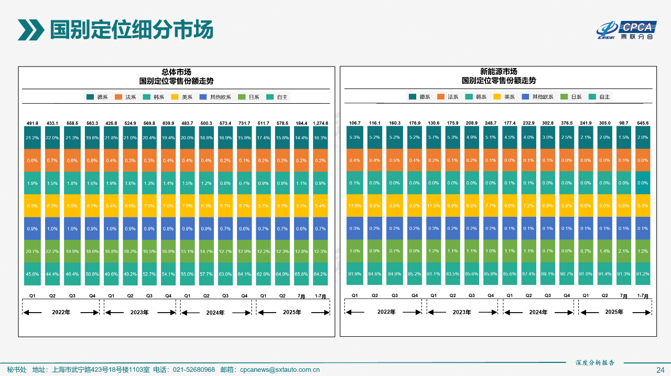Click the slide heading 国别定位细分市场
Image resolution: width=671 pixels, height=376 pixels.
[131, 30]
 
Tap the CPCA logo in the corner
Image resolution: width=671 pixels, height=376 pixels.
[626, 30]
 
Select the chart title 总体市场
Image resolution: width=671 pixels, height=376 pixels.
[176, 72]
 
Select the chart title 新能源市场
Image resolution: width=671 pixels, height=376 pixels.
[499, 72]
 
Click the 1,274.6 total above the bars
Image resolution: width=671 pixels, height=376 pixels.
[320, 124]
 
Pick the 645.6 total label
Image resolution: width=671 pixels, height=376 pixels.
[643, 124]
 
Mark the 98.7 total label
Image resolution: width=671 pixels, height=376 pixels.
[623, 124]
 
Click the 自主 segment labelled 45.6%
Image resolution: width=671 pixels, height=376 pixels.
[32, 274]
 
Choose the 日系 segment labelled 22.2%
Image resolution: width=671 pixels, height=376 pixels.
[52, 251]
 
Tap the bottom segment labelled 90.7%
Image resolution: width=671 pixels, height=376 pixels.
[567, 274]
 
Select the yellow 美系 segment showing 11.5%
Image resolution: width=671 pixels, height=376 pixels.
[434, 206]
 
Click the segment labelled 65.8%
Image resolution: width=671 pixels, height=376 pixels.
[301, 274]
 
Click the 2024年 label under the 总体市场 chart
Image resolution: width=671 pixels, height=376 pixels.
[215, 313]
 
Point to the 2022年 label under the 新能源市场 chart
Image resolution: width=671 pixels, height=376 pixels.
[386, 312]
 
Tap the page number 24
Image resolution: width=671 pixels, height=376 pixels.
[661, 370]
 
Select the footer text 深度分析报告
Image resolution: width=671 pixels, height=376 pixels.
[594, 362]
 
